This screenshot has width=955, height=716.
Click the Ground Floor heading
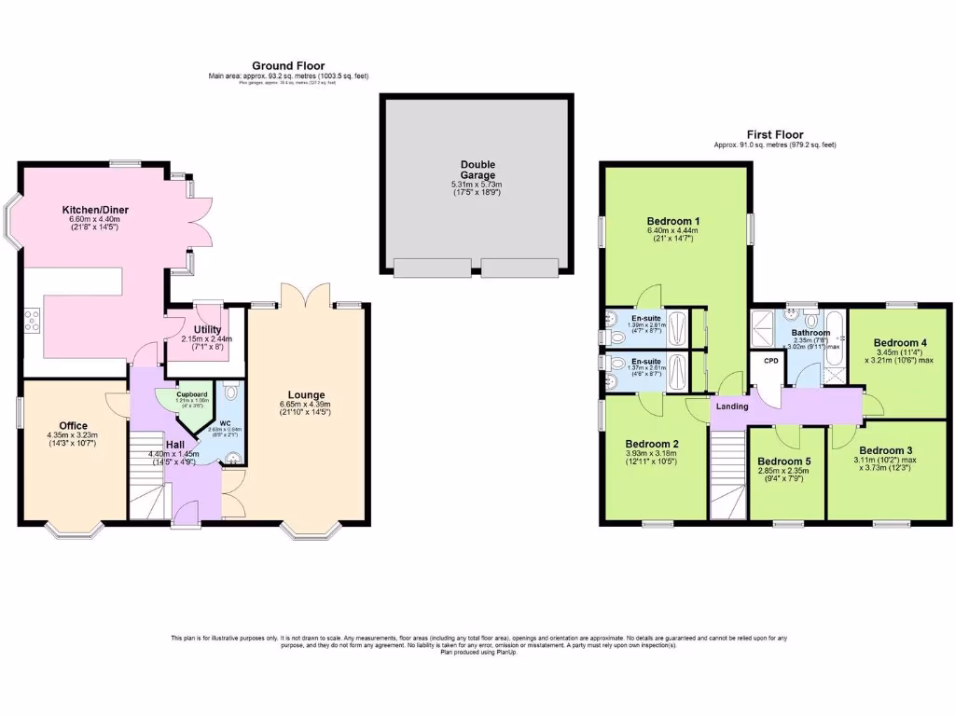click(x=288, y=65)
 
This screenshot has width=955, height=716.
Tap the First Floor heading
click(x=774, y=135)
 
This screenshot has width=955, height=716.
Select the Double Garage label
click(x=477, y=170)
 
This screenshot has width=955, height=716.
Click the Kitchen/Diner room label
click(x=95, y=210)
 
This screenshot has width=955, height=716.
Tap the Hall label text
click(x=175, y=445)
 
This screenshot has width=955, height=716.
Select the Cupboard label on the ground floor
click(x=191, y=394)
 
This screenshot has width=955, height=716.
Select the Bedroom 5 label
click(x=783, y=461)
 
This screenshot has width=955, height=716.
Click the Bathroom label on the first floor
click(x=811, y=332)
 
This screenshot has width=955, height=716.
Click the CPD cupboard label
click(x=770, y=361)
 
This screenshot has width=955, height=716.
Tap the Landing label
click(x=732, y=406)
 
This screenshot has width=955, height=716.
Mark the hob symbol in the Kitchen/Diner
click(x=33, y=321)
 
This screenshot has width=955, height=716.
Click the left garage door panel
click(x=433, y=268)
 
